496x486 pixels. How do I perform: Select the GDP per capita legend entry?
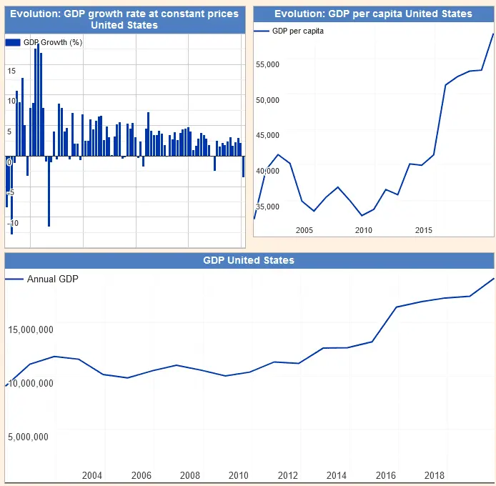click(x=298, y=31)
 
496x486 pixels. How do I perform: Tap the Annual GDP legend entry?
click(x=52, y=279)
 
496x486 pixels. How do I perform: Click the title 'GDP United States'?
click(x=249, y=260)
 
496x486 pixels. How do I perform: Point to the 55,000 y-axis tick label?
click(x=267, y=65)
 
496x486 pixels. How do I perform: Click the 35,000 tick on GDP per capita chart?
click(x=267, y=207)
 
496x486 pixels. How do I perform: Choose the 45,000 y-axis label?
click(x=267, y=136)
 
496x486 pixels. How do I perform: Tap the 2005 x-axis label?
click(x=304, y=230)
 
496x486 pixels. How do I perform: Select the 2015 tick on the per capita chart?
click(x=424, y=230)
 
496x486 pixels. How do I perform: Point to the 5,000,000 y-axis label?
click(x=29, y=437)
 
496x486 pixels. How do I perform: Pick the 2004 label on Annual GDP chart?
click(x=92, y=476)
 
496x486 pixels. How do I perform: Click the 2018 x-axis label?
click(x=434, y=476)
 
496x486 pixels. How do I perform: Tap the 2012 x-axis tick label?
click(x=288, y=476)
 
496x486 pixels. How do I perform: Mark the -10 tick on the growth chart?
click(x=13, y=224)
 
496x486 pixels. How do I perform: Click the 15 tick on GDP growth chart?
click(x=11, y=70)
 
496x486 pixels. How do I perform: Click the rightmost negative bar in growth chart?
click(x=244, y=166)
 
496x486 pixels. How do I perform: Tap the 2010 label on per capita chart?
click(x=364, y=230)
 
